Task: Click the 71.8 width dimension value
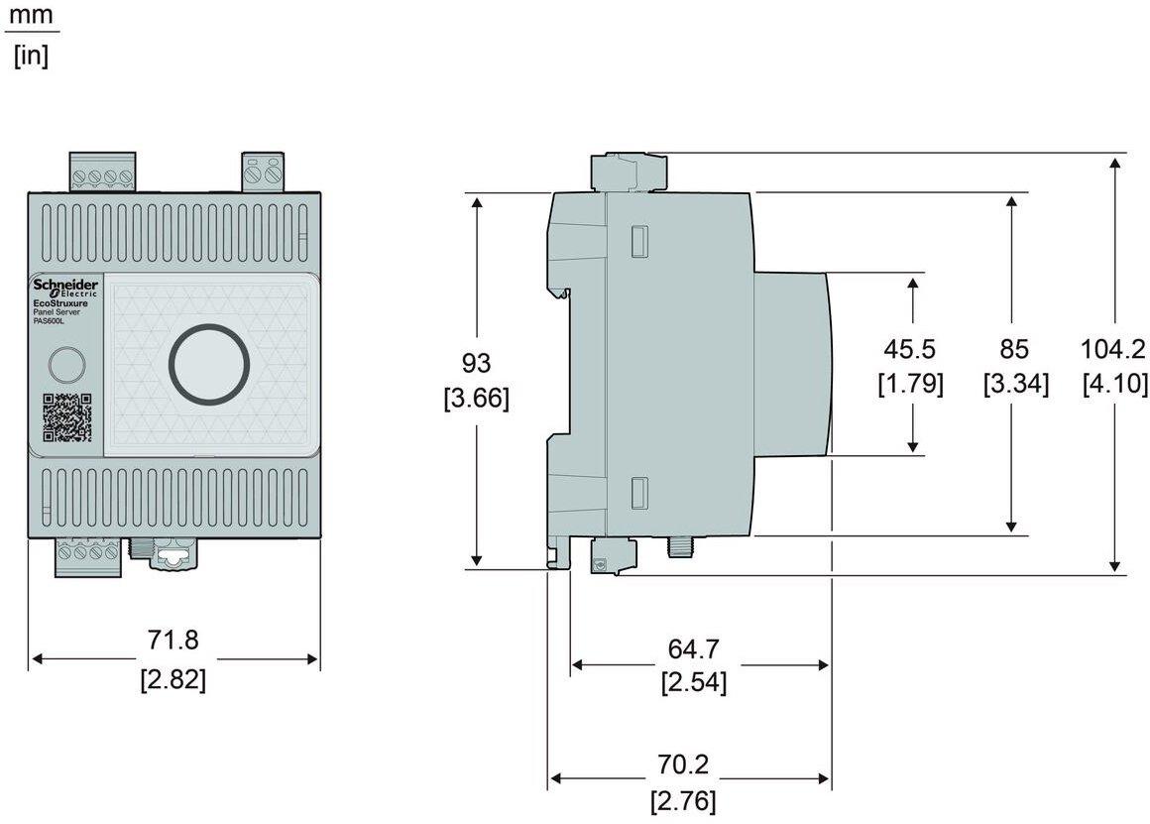tap(173, 641)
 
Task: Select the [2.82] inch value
tap(173, 680)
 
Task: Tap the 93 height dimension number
tap(476, 363)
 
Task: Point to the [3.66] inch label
tap(476, 399)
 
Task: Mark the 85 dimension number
tap(1014, 349)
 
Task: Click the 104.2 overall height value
tap(1113, 349)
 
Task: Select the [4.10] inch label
tap(1114, 384)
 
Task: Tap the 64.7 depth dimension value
tap(693, 649)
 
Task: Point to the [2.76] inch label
tap(683, 800)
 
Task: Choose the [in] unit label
tap(31, 56)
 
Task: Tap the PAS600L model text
tap(49, 321)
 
